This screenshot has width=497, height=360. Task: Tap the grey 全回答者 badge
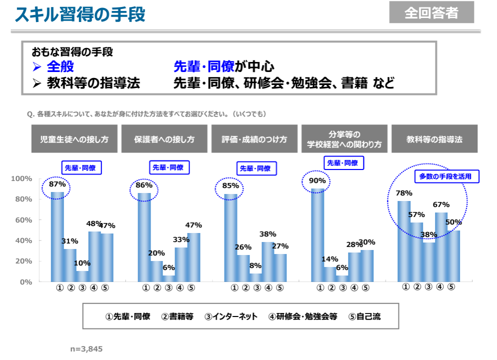431,12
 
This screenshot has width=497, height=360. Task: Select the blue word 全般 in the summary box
60,66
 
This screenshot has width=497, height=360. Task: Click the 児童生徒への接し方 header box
74,139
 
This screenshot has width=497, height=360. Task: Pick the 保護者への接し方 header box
164,139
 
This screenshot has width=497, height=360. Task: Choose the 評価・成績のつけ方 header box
254,139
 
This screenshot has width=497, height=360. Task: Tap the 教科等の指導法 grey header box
434,139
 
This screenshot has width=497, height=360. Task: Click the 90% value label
317,180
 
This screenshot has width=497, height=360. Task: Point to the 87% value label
57,184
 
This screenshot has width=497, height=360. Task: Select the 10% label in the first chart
82,262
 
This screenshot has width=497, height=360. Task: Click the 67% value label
441,204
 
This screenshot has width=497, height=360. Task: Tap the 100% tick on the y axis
21,178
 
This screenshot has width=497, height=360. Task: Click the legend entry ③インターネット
231,316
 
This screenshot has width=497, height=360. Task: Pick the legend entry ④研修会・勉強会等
303,316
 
